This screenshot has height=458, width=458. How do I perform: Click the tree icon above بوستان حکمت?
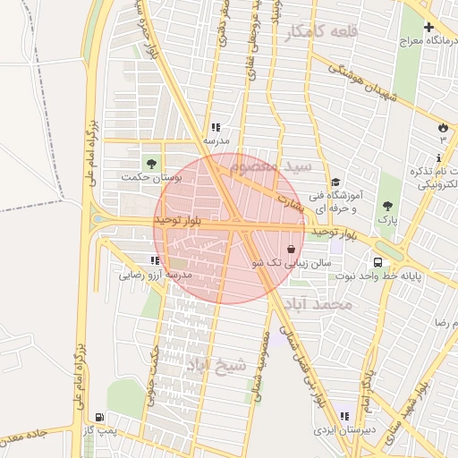[x=150, y=163]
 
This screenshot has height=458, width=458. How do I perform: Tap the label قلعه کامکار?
[x=322, y=32]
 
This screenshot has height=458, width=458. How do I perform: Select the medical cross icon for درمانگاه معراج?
[x=428, y=26]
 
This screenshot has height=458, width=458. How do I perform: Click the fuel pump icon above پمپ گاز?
[x=98, y=418]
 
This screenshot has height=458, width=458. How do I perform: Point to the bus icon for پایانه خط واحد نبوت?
[x=378, y=263]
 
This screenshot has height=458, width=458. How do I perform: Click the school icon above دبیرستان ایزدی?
[x=343, y=416]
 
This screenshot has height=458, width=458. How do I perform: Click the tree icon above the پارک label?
[x=387, y=205]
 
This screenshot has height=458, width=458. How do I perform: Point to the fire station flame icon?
[x=442, y=126]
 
